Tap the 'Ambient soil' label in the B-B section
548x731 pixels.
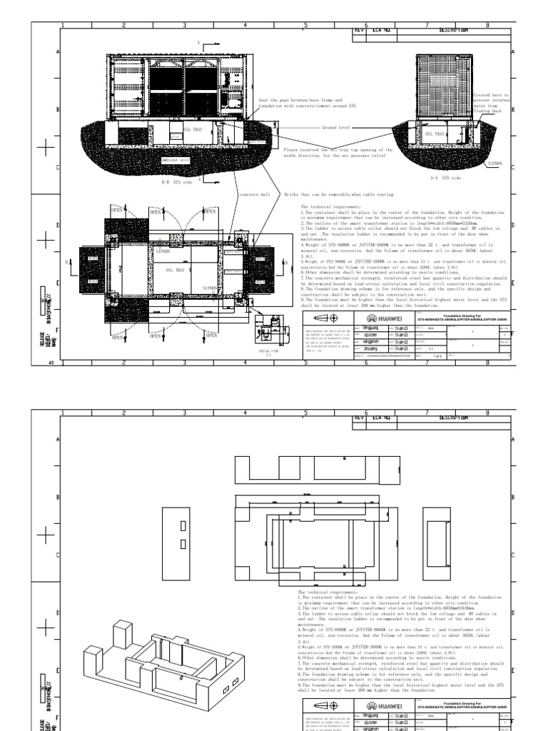pyautogui.click(x=175, y=161)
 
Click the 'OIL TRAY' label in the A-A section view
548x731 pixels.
pyautogui.click(x=435, y=133)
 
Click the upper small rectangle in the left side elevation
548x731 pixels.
pyautogui.click(x=183, y=527)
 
